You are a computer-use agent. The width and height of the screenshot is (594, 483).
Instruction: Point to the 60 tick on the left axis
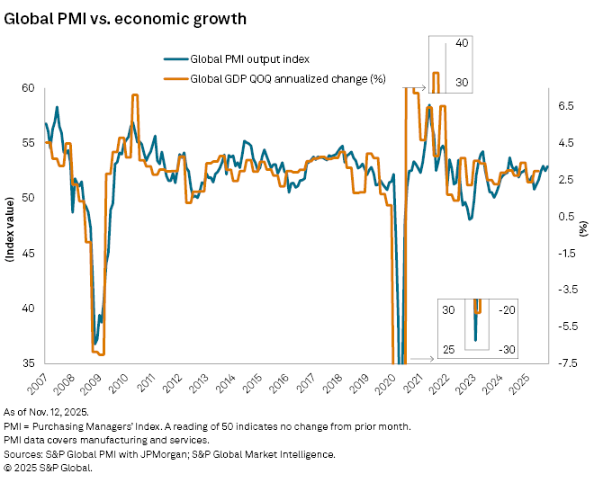(27, 87)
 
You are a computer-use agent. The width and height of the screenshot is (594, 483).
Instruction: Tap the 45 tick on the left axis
(27, 254)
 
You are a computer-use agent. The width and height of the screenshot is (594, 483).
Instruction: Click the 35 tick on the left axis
(27, 363)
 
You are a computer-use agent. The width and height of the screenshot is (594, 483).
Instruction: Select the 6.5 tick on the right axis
(565, 105)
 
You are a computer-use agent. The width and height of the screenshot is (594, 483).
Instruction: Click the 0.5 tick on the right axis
(565, 216)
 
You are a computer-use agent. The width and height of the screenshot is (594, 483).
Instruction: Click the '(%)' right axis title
(583, 225)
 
